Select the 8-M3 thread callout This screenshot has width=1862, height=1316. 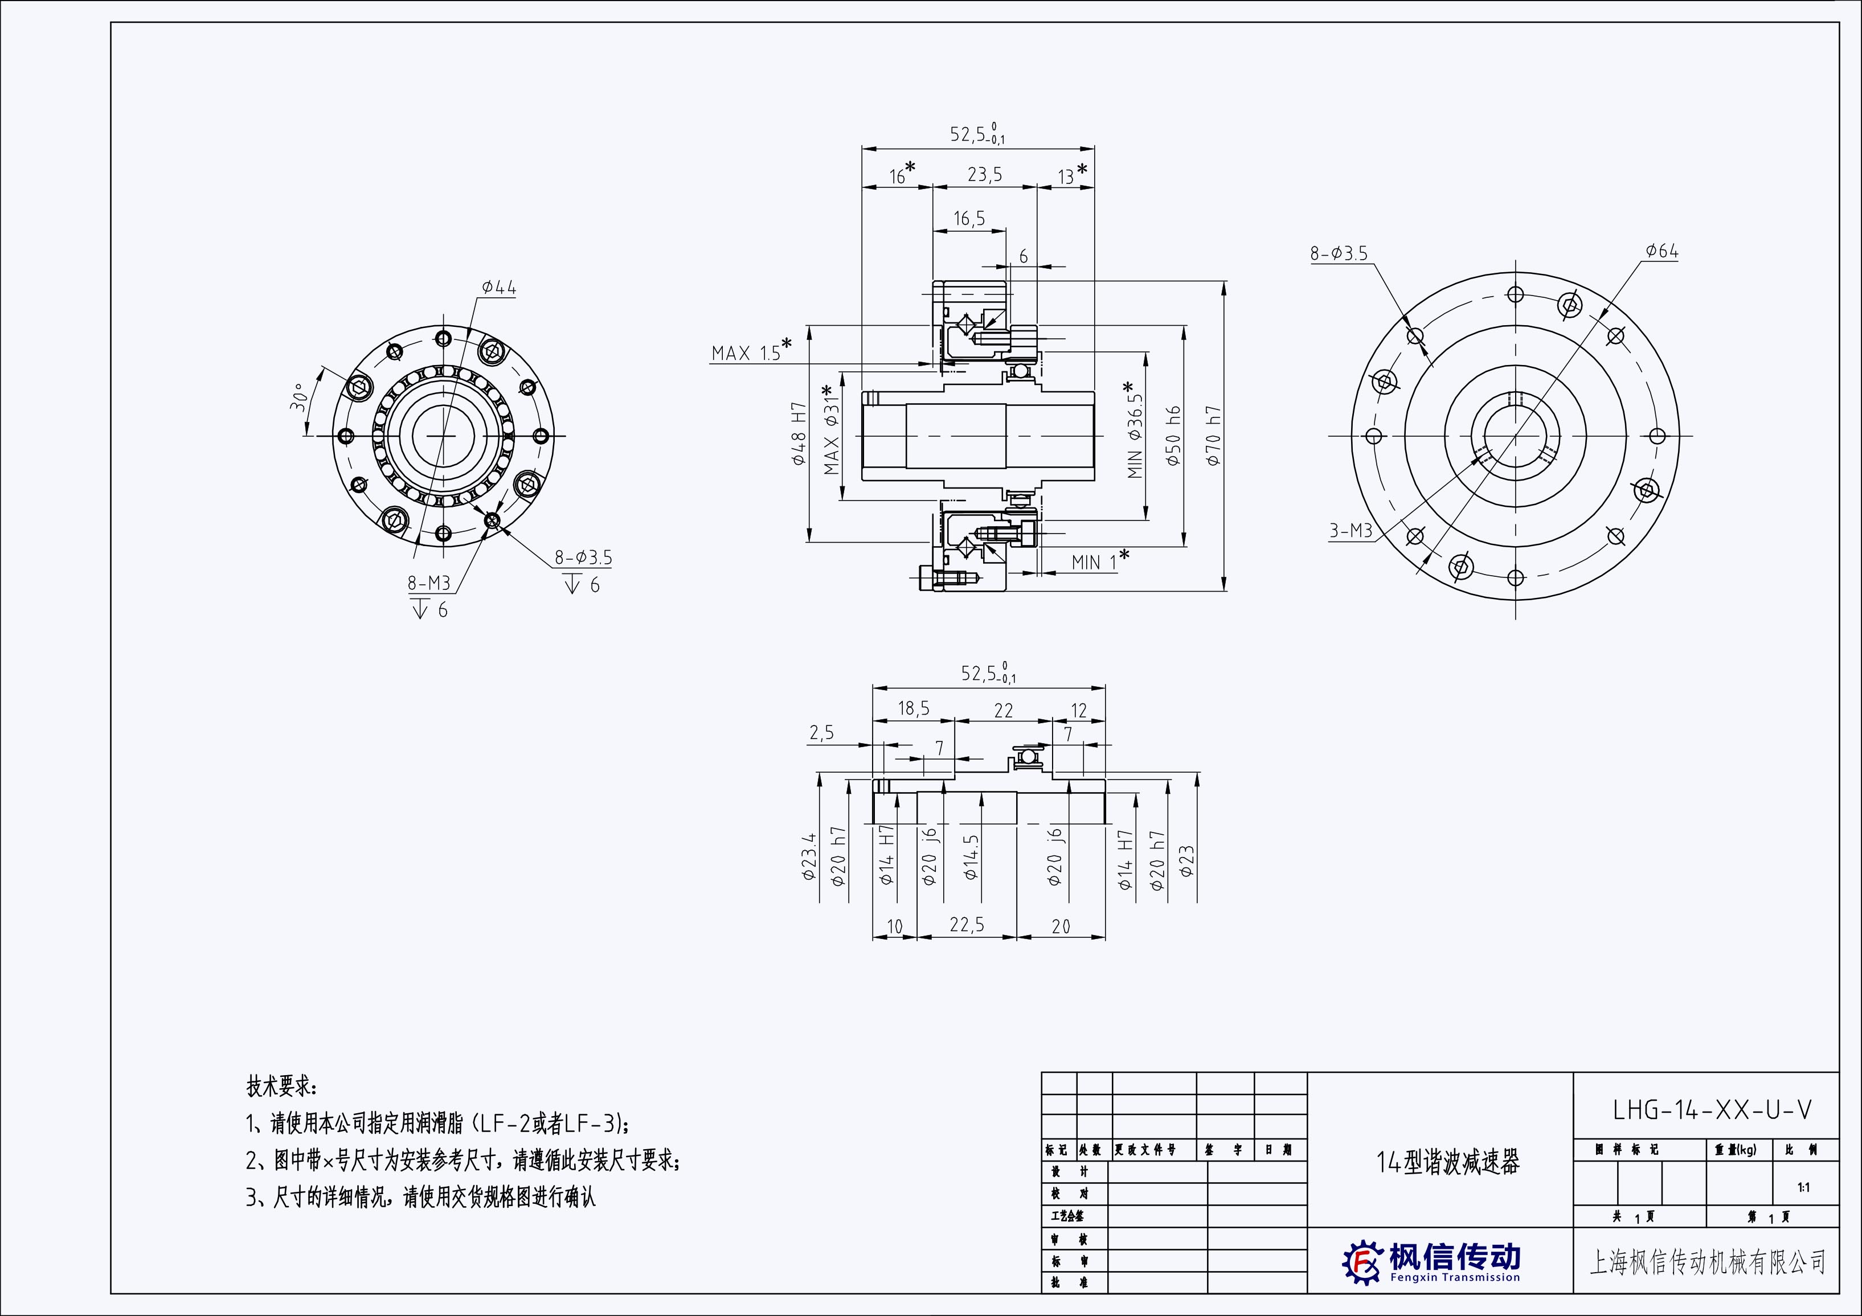[x=428, y=583]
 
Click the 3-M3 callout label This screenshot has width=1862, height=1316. [x=1351, y=530]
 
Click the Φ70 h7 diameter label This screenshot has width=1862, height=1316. [x=1213, y=436]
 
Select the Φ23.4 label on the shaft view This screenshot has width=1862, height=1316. [x=809, y=856]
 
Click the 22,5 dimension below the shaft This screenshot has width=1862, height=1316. [x=967, y=925]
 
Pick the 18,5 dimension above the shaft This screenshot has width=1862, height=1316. [x=913, y=708]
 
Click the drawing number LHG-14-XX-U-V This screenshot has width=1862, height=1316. [x=1711, y=1110]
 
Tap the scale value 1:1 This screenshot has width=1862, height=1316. [x=1803, y=1188]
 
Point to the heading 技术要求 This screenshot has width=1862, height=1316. [x=282, y=1086]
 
